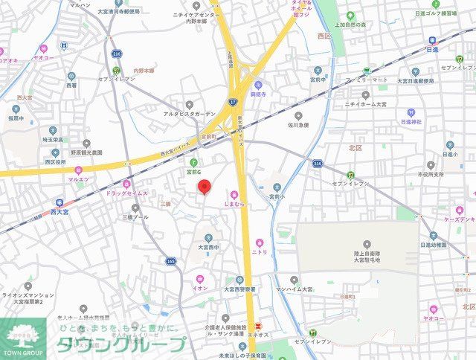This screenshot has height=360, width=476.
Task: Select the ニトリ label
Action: coord(260,252)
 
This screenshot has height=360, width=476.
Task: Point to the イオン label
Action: coord(199,287)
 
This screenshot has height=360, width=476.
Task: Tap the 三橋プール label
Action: coord(135,217)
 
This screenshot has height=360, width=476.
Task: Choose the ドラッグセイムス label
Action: coord(127,193)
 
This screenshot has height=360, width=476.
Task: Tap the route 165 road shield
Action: coord(172,261)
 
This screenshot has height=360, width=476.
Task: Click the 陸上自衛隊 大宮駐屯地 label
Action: coord(367,257)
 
